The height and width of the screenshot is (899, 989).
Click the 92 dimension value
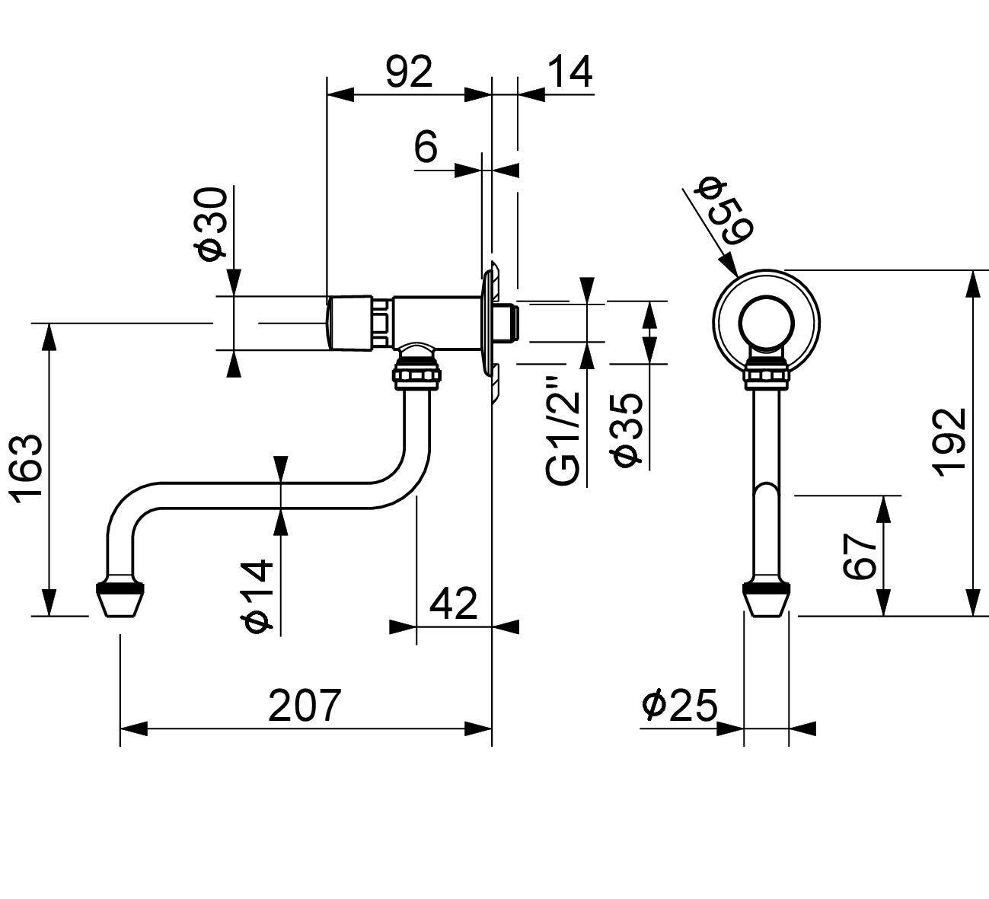tap(409, 72)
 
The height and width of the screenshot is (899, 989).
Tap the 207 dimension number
tap(305, 706)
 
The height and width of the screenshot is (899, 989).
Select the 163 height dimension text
tap(26, 469)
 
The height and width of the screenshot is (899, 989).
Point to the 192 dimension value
tap(949, 443)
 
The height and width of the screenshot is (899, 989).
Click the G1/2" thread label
tap(563, 432)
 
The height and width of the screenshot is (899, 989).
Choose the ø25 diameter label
tap(680, 706)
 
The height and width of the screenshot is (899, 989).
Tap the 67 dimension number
tap(860, 556)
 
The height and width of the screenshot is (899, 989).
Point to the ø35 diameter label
tap(627, 429)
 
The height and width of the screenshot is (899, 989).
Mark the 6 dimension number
tap(426, 146)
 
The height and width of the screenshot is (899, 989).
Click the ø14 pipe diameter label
tap(258, 596)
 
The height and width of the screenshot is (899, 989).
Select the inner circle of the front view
tap(766, 297)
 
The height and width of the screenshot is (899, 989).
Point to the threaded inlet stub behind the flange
tap(506, 324)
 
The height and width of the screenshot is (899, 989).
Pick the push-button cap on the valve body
tap(349, 324)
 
